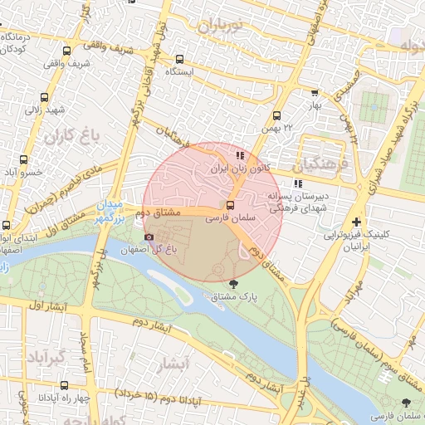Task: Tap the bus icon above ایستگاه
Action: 179,59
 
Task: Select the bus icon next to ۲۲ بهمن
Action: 276,116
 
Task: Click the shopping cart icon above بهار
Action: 314,93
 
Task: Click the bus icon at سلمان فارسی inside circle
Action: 231,204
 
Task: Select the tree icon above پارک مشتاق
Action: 242,283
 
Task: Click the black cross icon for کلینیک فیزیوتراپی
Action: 356,222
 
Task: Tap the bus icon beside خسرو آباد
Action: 23,159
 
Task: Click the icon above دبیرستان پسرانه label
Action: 297,183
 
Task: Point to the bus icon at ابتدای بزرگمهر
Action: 7,226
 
